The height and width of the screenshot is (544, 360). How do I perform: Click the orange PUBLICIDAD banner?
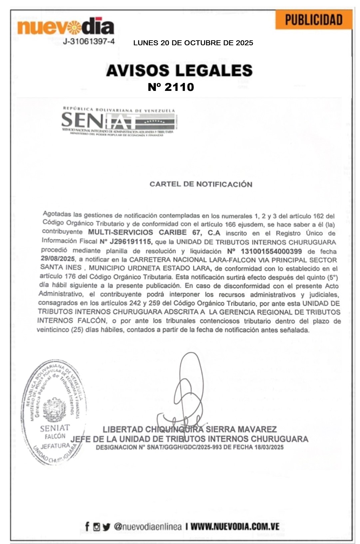click(x=313, y=20)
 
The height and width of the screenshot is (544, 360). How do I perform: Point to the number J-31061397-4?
click(x=89, y=42)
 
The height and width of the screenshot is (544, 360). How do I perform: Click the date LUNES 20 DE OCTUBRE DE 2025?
click(x=193, y=43)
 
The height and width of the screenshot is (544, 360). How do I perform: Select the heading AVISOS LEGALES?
click(x=179, y=71)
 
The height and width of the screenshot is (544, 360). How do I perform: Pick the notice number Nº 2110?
click(x=171, y=87)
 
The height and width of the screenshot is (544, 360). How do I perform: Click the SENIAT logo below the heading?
click(x=119, y=122)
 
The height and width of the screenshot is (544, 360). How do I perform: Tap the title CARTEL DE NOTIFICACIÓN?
click(x=201, y=184)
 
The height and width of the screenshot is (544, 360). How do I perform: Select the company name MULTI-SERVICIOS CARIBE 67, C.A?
click(x=154, y=232)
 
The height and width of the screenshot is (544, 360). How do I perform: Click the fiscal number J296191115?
click(x=131, y=241)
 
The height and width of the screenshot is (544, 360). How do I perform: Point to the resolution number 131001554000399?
click(x=271, y=251)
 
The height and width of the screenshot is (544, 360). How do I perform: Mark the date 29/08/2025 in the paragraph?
click(x=58, y=259)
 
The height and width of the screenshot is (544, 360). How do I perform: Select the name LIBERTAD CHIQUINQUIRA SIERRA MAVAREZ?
click(x=190, y=429)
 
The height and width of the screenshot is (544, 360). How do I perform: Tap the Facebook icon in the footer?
click(x=87, y=526)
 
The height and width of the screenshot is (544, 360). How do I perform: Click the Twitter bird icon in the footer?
click(x=106, y=527)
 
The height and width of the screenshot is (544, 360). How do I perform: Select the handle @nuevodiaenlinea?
click(x=148, y=527)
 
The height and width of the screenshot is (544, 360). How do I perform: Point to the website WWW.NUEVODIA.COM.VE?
click(x=235, y=527)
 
